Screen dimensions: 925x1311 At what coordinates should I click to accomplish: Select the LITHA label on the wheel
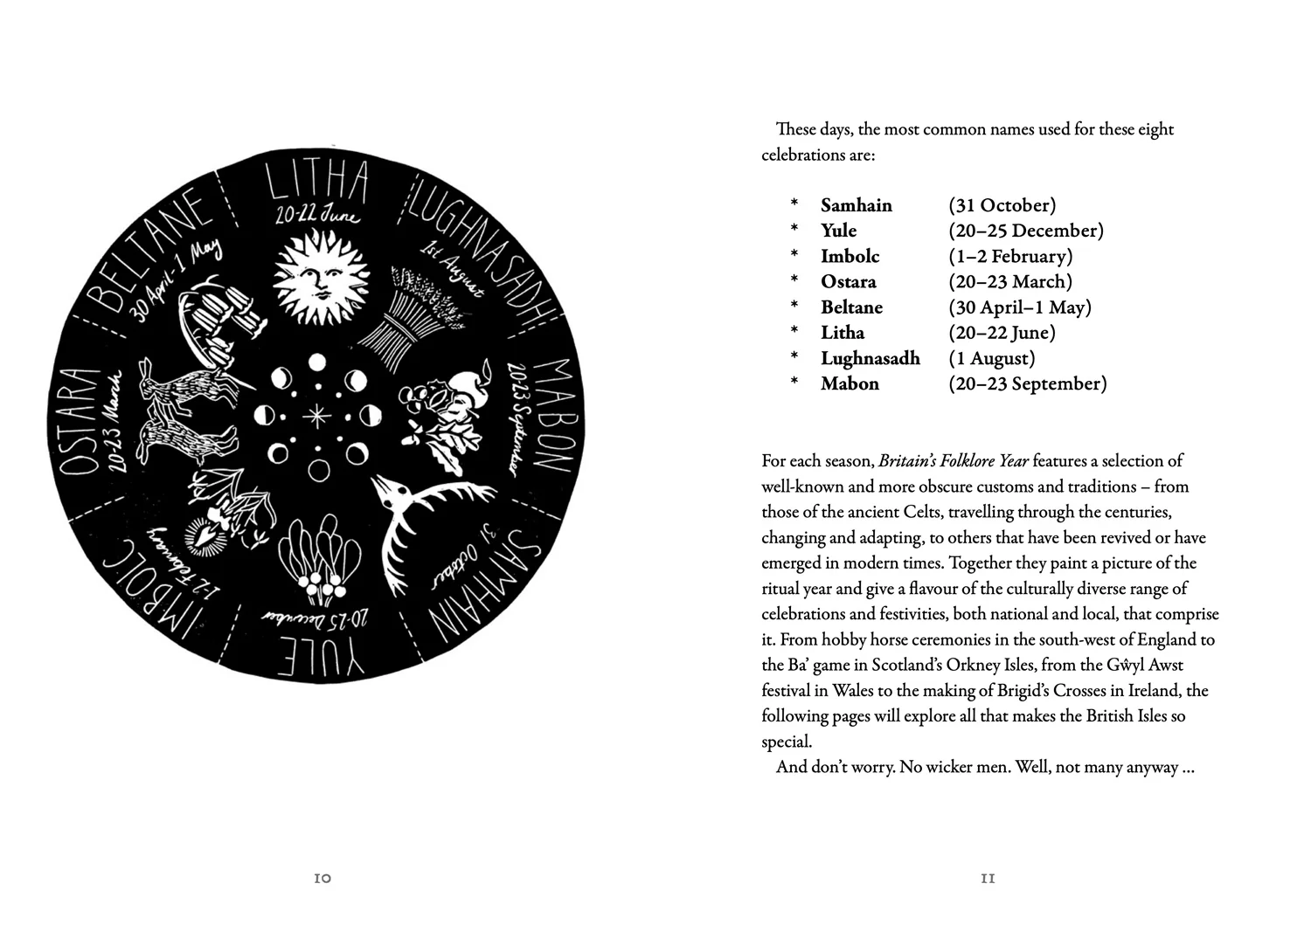[x=316, y=184]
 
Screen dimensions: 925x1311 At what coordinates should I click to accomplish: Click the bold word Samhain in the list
[x=856, y=205]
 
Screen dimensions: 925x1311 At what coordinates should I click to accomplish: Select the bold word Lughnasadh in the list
[x=870, y=358]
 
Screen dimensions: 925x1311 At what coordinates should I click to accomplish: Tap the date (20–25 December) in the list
[x=1026, y=231]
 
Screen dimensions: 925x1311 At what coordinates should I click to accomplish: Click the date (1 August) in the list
[x=992, y=358]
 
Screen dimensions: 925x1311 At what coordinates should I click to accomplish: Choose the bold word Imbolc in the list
[x=850, y=256]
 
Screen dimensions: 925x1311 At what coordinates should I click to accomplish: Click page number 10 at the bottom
[x=323, y=879]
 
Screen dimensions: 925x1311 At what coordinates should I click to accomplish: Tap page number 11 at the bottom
[x=988, y=879]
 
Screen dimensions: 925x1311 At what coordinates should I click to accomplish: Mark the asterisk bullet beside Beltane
[x=794, y=307]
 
